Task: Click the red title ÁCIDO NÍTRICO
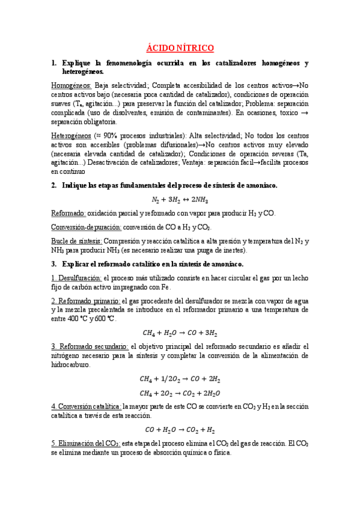(x=180, y=48)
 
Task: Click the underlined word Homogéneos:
(x=72, y=85)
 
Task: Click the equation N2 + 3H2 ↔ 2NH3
(x=180, y=200)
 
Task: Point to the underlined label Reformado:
(x=69, y=214)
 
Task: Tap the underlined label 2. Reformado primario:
(x=86, y=300)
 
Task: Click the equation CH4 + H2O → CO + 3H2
(x=180, y=332)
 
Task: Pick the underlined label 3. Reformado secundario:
(x=90, y=346)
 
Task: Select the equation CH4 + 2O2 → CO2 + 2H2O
(x=180, y=393)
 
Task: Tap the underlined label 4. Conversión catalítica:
(x=87, y=407)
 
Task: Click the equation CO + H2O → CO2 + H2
(x=180, y=429)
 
